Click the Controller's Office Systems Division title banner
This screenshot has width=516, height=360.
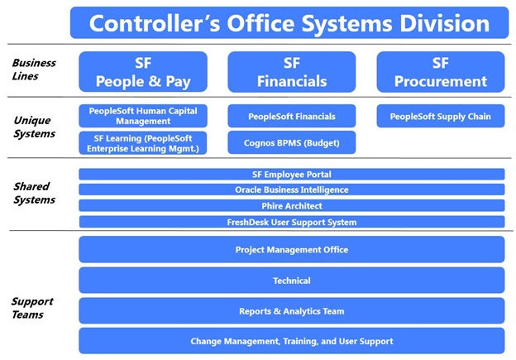(x=289, y=22)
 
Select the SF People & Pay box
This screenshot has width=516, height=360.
(x=143, y=72)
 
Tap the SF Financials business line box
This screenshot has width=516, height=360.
(x=292, y=72)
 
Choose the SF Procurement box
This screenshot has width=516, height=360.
(x=441, y=72)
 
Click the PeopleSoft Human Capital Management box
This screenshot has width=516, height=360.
(x=143, y=116)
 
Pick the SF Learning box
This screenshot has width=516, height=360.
(x=143, y=143)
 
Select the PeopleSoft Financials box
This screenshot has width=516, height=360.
(x=292, y=116)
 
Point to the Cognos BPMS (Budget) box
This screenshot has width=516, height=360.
(x=292, y=142)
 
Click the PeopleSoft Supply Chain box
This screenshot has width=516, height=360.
(x=441, y=116)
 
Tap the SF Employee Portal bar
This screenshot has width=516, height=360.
(x=292, y=175)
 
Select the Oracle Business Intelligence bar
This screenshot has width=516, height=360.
(x=292, y=190)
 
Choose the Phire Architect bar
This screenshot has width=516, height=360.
(x=292, y=205)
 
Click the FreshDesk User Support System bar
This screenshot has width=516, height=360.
(x=292, y=222)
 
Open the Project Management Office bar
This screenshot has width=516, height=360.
(x=292, y=249)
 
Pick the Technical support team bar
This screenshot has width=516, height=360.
(x=292, y=281)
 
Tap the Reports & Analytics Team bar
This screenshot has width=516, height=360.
(x=292, y=311)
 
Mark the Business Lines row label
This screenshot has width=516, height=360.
(x=34, y=70)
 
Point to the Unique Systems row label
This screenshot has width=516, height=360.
(x=34, y=127)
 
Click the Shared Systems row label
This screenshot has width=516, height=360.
(x=34, y=193)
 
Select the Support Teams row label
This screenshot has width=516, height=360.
(x=32, y=308)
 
